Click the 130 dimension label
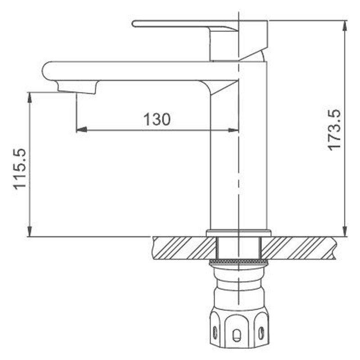click(157, 119)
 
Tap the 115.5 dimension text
click(19, 170)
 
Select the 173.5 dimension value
click(334, 130)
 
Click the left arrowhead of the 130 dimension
click(81, 130)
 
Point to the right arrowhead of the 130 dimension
click(233, 130)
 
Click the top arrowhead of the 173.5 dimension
click(344, 26)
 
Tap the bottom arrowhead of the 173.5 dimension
click(344, 231)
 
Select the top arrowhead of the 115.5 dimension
click(29, 98)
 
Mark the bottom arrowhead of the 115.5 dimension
click(29, 231)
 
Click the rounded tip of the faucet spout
click(44, 71)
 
